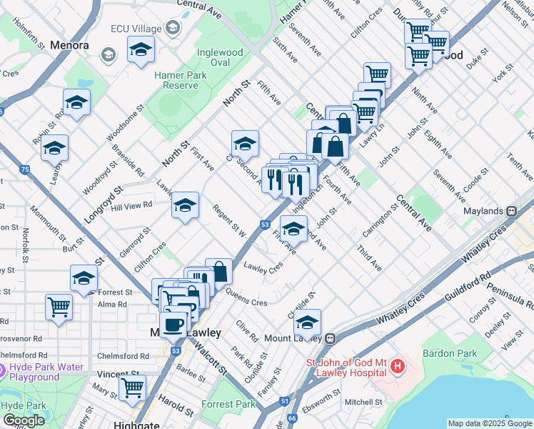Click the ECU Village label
pos(133,29)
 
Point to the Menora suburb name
pos(69,45)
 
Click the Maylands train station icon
pos(511,212)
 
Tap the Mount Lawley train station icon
pos(331,338)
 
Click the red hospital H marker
pos(397,368)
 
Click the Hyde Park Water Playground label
pos(44,373)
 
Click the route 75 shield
pos(25,169)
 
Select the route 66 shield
pos(291,418)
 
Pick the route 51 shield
pos(284,402)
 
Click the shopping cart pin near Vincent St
pos(132,387)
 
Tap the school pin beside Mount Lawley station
pos(308,322)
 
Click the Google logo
pos(24,420)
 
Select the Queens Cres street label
pos(247,297)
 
